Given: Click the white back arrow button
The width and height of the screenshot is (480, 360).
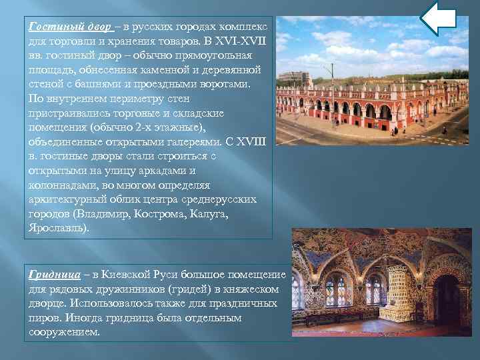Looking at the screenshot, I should (439, 18).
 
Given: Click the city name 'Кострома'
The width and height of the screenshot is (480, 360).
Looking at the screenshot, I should (159, 215).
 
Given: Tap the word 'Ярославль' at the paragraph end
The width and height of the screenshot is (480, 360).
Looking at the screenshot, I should (57, 228).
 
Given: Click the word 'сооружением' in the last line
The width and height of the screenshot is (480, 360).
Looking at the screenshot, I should (63, 332).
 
